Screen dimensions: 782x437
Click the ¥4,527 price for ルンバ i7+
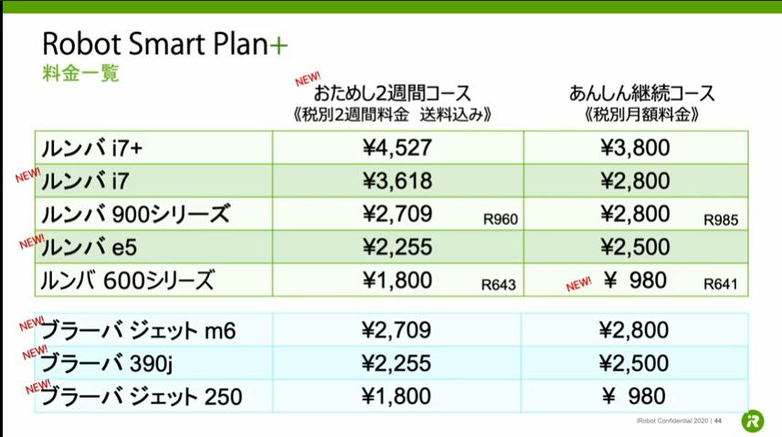[397, 148]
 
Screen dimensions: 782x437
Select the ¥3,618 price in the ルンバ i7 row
[397, 181]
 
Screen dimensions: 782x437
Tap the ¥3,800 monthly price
[635, 148]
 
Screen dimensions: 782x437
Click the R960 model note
[501, 219]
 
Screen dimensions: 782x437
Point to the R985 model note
[721, 220]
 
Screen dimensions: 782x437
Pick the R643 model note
[498, 285]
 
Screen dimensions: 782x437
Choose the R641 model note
[720, 283]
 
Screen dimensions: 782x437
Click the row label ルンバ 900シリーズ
[135, 214]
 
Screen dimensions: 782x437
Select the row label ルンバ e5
[89, 247]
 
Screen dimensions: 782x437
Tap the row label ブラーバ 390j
[106, 363]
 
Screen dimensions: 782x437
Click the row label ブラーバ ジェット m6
[138, 330]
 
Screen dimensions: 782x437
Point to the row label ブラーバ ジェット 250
[141, 396]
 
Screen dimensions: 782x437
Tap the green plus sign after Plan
[279, 45]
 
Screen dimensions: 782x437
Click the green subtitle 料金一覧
[80, 73]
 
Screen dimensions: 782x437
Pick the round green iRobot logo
[753, 421]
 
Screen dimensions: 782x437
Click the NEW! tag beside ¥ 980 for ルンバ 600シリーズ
[578, 283]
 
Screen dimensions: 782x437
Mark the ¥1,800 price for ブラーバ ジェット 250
[396, 396]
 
